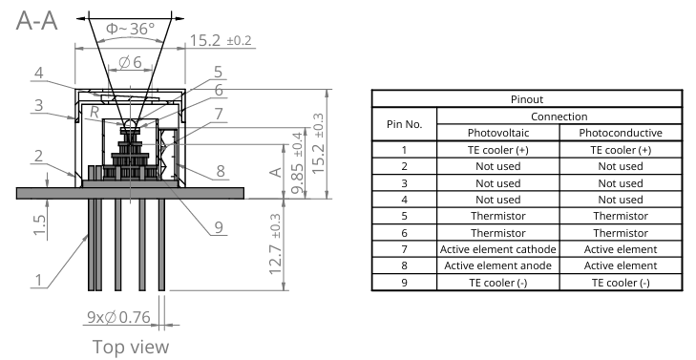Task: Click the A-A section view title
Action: tap(37, 20)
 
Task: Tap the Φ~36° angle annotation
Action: tap(131, 29)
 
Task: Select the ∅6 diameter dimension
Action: tap(131, 62)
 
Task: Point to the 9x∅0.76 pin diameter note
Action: tap(118, 317)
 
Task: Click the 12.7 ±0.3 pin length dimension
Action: tap(275, 244)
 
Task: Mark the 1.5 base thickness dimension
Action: tap(39, 225)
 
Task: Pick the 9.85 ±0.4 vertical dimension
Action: tap(297, 163)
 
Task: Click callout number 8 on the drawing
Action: tap(221, 171)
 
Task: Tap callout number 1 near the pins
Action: tap(39, 280)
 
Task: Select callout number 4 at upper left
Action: tap(39, 73)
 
